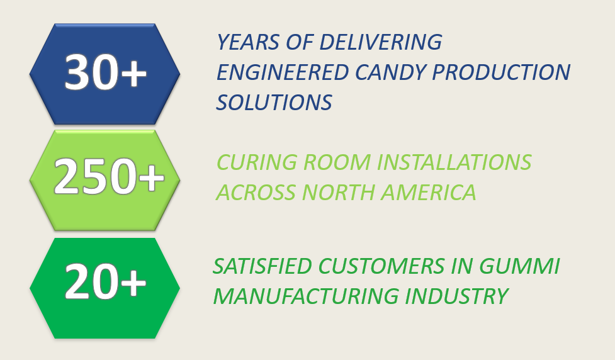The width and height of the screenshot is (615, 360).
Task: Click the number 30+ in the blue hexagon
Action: coord(106,72)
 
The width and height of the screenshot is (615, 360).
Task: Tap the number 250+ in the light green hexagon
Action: coord(109,176)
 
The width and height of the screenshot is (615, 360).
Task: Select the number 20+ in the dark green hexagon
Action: coord(106,281)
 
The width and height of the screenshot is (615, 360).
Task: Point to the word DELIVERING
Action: coord(380,42)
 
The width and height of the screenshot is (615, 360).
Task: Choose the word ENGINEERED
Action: coord(283,72)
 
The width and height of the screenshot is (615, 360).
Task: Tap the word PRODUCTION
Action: coord(501,72)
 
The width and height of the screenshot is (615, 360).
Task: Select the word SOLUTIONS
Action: coord(274,103)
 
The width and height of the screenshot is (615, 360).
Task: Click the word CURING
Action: coord(256,162)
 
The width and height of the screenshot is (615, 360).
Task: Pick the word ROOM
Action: coord(337,162)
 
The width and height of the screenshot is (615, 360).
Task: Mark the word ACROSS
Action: coord(256,193)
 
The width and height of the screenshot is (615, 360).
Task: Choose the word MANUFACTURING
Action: coord(305,296)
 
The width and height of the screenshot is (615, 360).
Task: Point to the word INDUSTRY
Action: coord(456,296)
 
